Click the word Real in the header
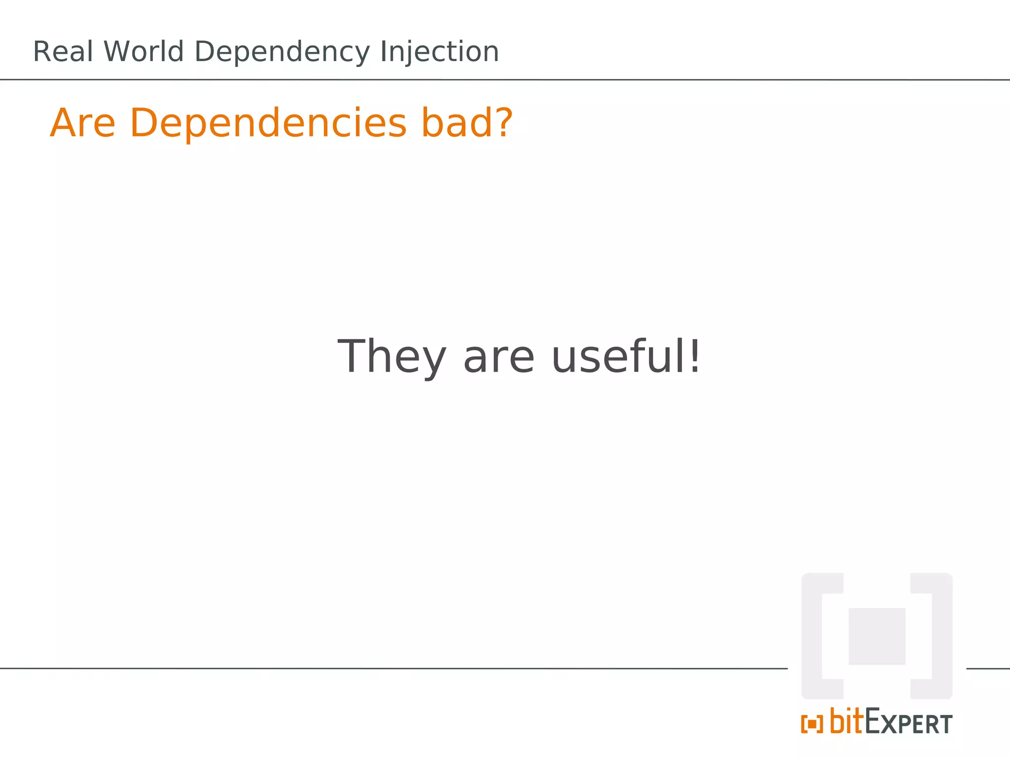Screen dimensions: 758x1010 tap(63, 52)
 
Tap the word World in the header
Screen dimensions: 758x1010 tap(144, 52)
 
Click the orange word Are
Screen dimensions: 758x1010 tap(82, 123)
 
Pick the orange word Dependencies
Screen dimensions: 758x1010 tap(268, 124)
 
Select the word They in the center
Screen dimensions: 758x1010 tap(392, 357)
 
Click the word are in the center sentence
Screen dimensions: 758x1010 tap(499, 358)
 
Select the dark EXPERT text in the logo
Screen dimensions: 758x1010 tap(909, 723)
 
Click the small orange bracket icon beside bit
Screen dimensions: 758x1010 tap(812, 724)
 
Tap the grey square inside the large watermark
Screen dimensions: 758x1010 tap(876, 636)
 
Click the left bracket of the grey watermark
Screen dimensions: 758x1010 tap(812, 636)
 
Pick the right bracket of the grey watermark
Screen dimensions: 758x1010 tap(941, 636)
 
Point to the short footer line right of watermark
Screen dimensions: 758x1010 tap(988, 669)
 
